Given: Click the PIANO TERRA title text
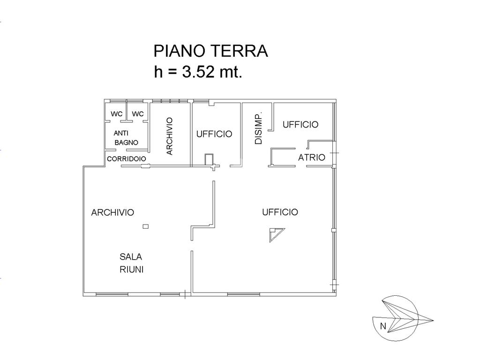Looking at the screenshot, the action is click(x=210, y=51).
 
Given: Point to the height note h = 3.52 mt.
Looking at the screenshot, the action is click(x=198, y=72).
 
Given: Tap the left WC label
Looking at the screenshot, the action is click(x=116, y=114).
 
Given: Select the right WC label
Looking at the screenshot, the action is click(x=137, y=114).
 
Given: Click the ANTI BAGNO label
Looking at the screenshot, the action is click(x=125, y=137).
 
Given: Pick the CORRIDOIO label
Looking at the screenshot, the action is click(x=127, y=159).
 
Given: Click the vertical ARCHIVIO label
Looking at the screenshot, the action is click(x=170, y=136).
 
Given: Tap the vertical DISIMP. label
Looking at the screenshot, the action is click(x=258, y=128).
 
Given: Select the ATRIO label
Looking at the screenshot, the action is click(x=312, y=157).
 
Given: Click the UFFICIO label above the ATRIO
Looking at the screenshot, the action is click(x=300, y=124).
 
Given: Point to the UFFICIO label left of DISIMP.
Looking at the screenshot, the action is click(x=214, y=134).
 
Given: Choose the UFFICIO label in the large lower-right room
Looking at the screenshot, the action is click(x=280, y=212).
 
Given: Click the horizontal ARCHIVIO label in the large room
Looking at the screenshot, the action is click(x=112, y=212).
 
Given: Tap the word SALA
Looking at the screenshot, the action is click(x=131, y=257).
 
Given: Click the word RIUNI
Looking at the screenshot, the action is click(x=131, y=270).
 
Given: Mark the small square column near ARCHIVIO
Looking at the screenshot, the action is click(x=145, y=227).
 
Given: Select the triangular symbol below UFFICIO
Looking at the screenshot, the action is click(x=276, y=233).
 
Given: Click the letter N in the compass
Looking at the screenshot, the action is click(x=383, y=326).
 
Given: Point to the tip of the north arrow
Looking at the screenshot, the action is click(x=432, y=321).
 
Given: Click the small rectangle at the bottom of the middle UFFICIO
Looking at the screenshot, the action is click(x=209, y=159).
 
